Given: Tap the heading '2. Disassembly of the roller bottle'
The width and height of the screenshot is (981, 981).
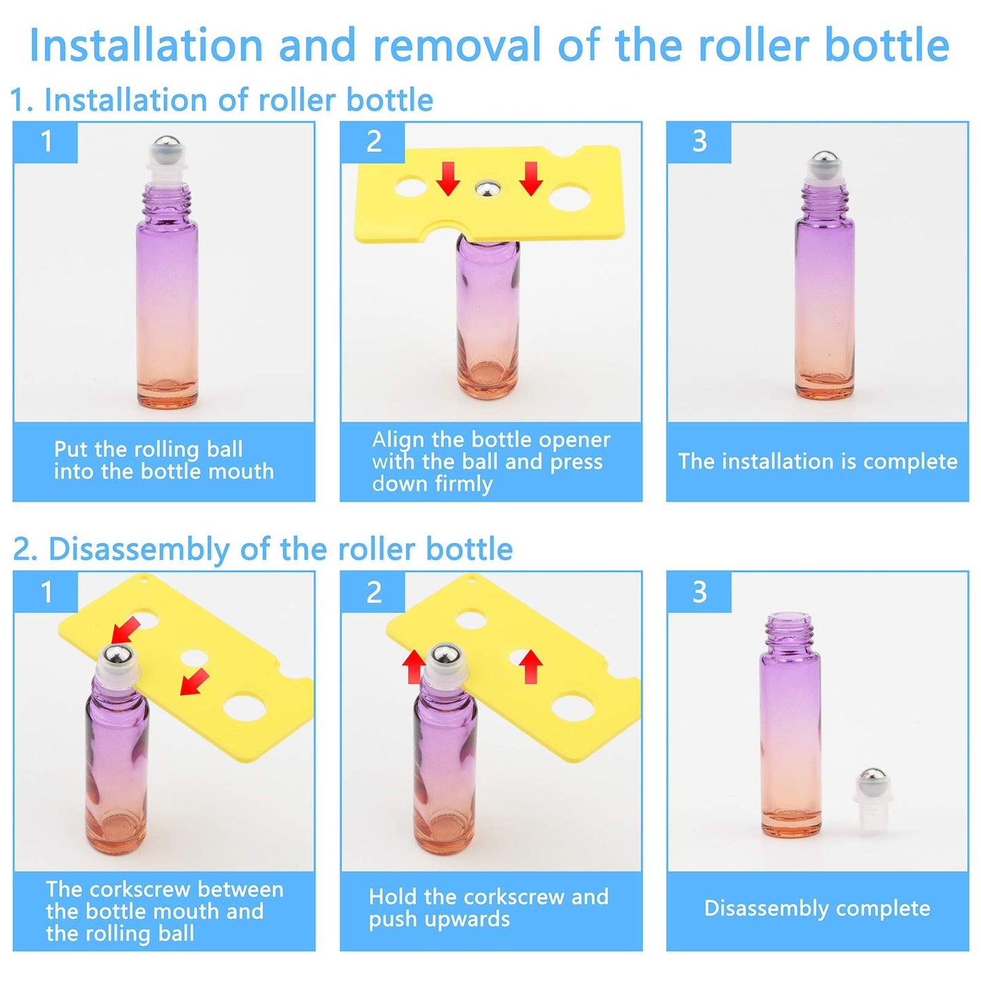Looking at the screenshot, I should coord(263,549).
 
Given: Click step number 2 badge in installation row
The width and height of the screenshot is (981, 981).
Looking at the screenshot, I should coord(373,142).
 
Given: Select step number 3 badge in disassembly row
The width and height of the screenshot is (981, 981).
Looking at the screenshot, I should coord(699,592).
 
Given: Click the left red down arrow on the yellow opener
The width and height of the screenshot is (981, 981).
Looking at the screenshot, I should coord(447,179).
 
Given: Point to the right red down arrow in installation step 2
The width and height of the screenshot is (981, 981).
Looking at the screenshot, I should coord(531,179).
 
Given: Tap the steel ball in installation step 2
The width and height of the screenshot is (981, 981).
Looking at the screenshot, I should coord(487,189).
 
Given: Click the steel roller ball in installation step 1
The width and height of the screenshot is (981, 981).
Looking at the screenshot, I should coord(166,145).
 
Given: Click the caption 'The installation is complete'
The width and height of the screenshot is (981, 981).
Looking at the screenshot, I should coord(817,462).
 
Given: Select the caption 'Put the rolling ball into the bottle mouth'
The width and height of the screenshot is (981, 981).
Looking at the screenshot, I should coord(164,460).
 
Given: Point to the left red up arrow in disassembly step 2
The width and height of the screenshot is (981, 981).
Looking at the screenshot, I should coord(413,667).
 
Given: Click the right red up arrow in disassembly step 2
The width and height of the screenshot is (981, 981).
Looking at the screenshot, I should coord(531,667).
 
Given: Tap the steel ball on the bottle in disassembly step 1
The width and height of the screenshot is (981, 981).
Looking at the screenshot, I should coord(117,657).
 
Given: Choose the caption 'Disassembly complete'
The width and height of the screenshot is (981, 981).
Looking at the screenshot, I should coord(817,908).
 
